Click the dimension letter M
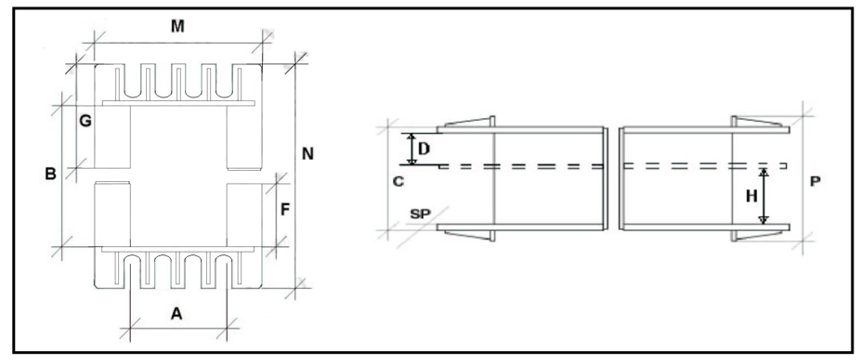(176, 26)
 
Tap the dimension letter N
(307, 154)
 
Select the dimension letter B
(50, 174)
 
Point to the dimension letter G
(85, 122)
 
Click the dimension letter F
(285, 209)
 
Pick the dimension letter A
(176, 314)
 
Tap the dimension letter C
(398, 182)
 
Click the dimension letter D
(424, 149)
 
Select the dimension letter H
(751, 196)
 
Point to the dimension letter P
(815, 182)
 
